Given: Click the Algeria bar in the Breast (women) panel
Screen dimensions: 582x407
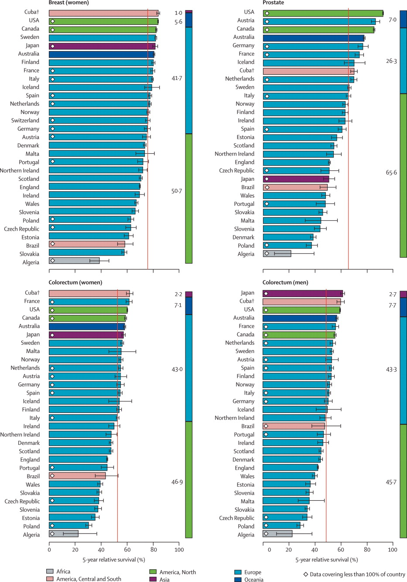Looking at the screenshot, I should pyautogui.click(x=74, y=261).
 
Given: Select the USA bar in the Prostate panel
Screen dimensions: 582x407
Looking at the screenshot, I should pyautogui.click(x=323, y=13).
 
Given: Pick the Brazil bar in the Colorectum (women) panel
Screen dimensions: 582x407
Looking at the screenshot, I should pyautogui.click(x=77, y=476).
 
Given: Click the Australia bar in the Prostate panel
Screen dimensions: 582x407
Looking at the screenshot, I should pyautogui.click(x=313, y=38).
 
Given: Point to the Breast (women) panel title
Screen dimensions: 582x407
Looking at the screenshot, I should pyautogui.click(x=68, y=3).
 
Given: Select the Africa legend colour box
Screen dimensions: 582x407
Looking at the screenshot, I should pyautogui.click(x=50, y=572).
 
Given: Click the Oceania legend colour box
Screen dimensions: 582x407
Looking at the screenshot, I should pyautogui.click(x=238, y=579).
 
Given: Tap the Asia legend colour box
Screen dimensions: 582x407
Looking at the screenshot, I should pyautogui.click(x=153, y=579).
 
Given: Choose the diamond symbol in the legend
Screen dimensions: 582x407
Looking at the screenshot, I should pyautogui.click(x=306, y=575).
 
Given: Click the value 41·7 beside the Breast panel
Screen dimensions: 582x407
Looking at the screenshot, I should pyautogui.click(x=177, y=79).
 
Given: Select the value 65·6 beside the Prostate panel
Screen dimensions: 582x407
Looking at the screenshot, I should pyautogui.click(x=391, y=173).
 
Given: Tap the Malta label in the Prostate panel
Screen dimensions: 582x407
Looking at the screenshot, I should pyautogui.click(x=247, y=221).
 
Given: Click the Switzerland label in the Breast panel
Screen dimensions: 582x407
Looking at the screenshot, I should pyautogui.click(x=25, y=121).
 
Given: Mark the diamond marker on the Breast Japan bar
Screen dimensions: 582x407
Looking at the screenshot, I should pyautogui.click(x=52, y=46).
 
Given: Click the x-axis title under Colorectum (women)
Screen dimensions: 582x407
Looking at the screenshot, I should pyautogui.click(x=113, y=560).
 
